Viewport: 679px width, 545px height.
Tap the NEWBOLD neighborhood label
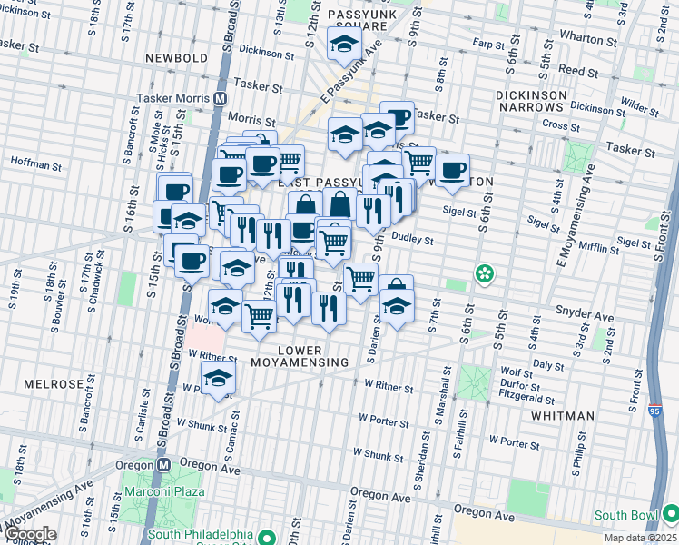[x=177, y=58]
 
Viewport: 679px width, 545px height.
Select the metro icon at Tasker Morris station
[x=220, y=98]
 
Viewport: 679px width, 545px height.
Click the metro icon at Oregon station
[x=164, y=462]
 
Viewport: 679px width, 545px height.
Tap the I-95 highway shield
[x=654, y=411]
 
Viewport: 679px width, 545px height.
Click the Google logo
[x=29, y=534]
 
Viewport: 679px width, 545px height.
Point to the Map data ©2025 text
[x=638, y=538]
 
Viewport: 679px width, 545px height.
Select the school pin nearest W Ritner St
[x=218, y=381]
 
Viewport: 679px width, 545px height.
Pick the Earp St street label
[x=488, y=43]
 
